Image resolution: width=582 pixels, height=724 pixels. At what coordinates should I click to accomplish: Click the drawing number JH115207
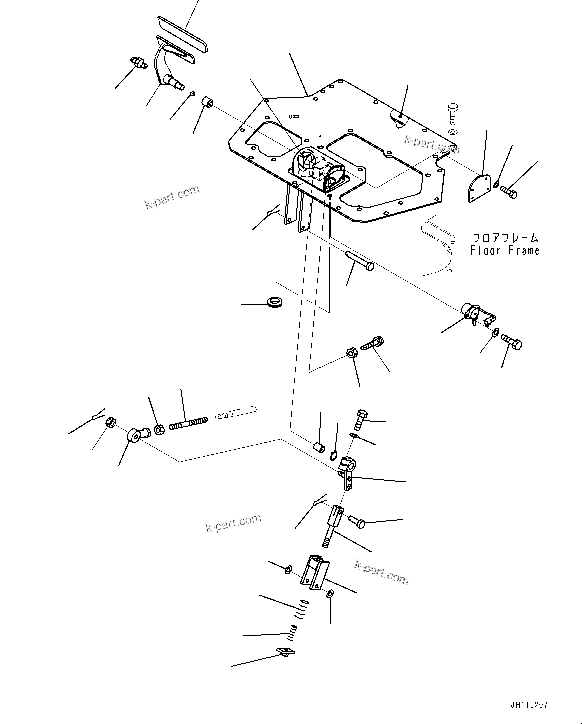pos(529,705)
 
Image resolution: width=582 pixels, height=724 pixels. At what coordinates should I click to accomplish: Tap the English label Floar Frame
pos(505,250)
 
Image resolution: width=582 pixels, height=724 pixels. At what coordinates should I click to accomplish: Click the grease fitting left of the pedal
pos(137,63)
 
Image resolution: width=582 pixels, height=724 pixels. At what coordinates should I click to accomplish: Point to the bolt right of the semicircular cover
pos(508,191)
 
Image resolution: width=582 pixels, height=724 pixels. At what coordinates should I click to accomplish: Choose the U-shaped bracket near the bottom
pos(315,573)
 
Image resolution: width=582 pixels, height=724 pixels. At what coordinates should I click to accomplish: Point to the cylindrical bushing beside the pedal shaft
pos(208,103)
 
